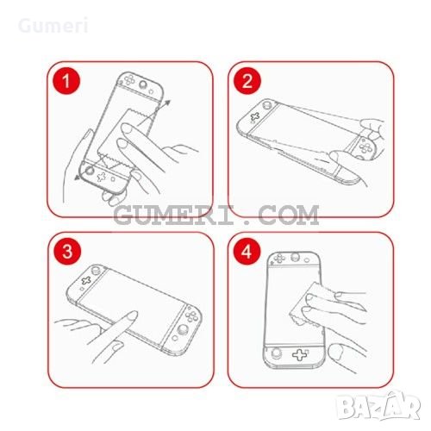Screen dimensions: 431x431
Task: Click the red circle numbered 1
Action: (x=66, y=81)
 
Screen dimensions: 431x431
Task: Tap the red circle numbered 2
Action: (x=247, y=81)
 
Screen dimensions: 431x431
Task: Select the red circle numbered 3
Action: (x=67, y=252)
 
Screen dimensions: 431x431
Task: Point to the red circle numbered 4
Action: (x=247, y=252)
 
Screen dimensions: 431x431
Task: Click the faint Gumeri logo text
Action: (x=53, y=26)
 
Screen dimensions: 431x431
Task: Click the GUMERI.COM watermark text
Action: (x=216, y=215)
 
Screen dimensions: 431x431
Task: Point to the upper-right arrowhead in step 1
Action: (x=167, y=103)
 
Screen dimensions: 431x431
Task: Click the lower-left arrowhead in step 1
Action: (x=78, y=178)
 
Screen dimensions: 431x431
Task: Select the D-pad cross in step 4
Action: (x=300, y=354)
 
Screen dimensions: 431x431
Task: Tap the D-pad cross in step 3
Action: (x=86, y=280)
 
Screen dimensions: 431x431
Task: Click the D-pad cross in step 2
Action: (x=254, y=116)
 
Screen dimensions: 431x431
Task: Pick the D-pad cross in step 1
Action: (x=102, y=177)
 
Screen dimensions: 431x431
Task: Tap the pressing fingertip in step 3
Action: (x=131, y=316)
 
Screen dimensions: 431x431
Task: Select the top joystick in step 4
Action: (x=296, y=257)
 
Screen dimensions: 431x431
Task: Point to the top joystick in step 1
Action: (x=143, y=84)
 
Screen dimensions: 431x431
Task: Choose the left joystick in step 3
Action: (x=96, y=270)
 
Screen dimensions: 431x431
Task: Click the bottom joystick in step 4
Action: (x=277, y=353)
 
